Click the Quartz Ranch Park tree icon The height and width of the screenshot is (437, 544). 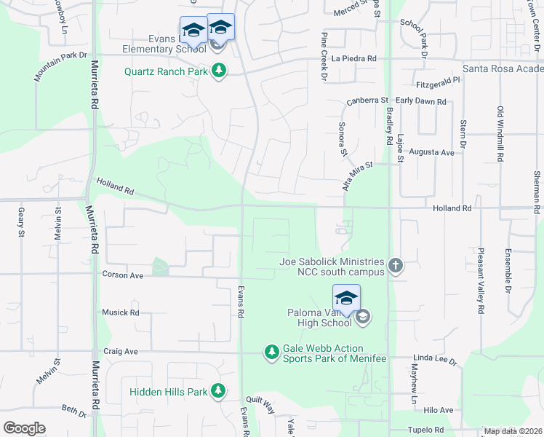point(219,71)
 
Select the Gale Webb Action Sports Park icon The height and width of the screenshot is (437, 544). point(272,353)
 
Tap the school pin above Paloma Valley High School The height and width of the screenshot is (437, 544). point(346,299)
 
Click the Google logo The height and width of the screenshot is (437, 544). point(24,428)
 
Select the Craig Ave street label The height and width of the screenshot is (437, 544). point(121,351)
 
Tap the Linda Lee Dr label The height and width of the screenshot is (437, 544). point(434,361)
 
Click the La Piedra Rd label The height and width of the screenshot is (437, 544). point(354,58)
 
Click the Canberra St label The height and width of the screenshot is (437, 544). point(367,101)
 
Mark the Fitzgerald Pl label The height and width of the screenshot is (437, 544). point(438,82)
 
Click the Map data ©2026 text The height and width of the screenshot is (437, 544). point(512,431)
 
